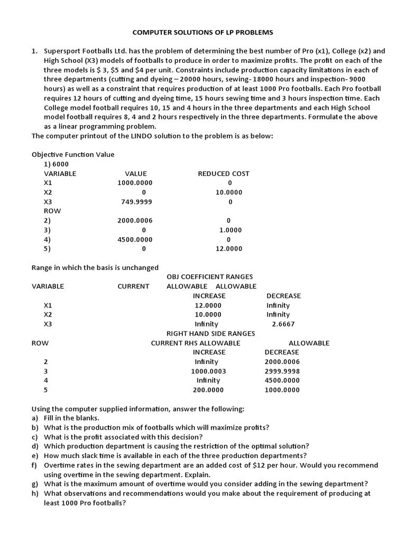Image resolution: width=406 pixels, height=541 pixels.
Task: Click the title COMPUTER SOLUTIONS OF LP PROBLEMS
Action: pos(203,32)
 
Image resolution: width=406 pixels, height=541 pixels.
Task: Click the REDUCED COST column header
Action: pos(224,173)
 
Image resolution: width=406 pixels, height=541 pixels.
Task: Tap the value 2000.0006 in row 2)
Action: pos(134,220)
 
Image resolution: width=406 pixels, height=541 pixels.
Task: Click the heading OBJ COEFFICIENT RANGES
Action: pos(210,277)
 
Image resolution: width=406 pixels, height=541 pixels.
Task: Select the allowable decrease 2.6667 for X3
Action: pos(283,324)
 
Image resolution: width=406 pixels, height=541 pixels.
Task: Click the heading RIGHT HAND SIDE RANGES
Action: pos(211,333)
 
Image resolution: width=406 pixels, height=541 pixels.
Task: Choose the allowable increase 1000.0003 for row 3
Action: pos(208,371)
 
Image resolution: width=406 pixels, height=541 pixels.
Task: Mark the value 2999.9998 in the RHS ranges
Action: pos(282,371)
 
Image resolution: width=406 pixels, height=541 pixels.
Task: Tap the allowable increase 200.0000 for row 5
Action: pos(208,390)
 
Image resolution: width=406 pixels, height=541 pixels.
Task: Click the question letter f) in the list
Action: pos(35,465)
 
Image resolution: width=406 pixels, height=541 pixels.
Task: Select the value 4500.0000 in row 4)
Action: pos(134,239)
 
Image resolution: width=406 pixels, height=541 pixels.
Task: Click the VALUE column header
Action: pos(136,173)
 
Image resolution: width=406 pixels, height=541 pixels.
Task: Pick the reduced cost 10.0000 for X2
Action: pos(229,192)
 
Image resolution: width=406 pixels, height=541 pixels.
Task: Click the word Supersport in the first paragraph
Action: pos(61,51)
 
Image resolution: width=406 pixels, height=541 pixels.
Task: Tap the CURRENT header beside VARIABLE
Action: pos(133,286)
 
